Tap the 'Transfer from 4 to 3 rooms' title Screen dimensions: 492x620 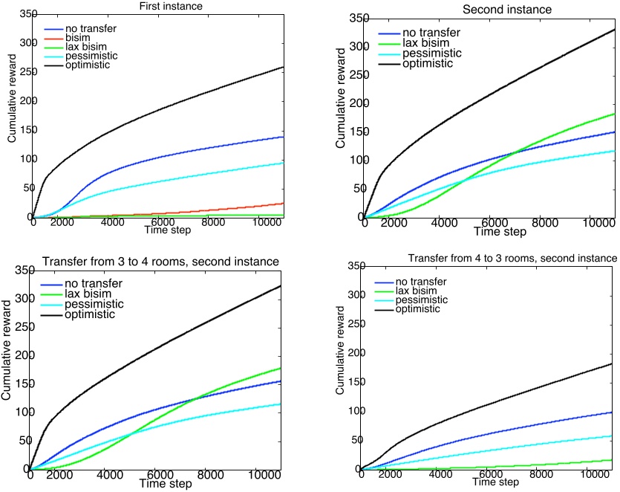(x=512, y=258)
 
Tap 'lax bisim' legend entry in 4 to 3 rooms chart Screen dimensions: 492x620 (x=417, y=291)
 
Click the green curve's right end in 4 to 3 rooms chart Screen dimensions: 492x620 (x=612, y=460)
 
